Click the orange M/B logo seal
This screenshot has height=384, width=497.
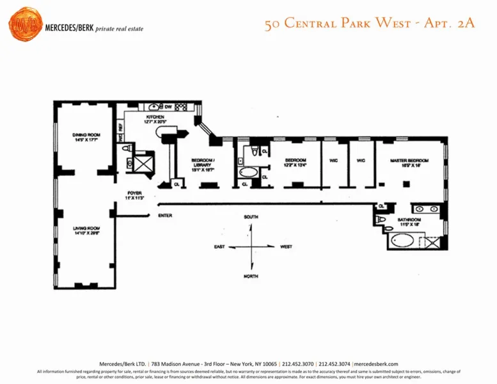click(25, 24)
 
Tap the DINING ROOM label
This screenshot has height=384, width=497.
click(84, 136)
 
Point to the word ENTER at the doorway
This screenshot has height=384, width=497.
click(165, 216)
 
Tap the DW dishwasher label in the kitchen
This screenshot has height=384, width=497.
click(168, 106)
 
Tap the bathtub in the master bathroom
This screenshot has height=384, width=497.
click(404, 241)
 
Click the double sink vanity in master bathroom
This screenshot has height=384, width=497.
click(425, 209)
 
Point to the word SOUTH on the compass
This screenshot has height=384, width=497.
click(251, 218)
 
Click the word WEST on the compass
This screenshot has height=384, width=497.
click(285, 246)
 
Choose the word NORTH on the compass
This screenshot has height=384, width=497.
click(251, 276)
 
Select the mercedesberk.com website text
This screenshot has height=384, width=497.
click(375, 364)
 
